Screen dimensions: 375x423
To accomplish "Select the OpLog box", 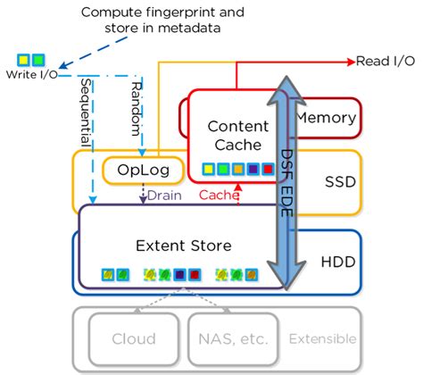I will [x=137, y=170].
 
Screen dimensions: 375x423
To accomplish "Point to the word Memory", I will [x=326, y=117].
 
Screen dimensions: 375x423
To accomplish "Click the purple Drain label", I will [x=165, y=195].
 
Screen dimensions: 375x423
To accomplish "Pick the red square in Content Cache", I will [x=268, y=167].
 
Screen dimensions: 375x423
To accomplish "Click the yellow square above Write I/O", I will [x=23, y=60].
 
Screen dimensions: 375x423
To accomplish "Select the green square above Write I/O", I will [x=38, y=60].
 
